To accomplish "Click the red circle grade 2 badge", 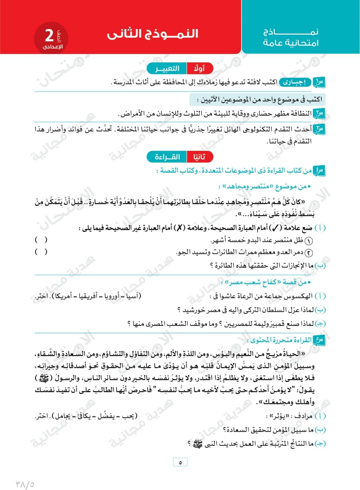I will (51, 38).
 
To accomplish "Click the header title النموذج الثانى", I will (152, 34).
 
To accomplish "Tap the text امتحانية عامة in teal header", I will (291, 43).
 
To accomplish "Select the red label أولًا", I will (199, 68).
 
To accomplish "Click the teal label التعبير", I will (167, 68).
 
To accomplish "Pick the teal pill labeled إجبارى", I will (295, 82).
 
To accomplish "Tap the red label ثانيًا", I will (199, 156).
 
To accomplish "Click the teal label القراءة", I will (167, 156).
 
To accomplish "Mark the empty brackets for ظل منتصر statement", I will (41, 239).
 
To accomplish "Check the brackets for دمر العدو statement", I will (41, 252).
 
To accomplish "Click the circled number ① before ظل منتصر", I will (309, 240).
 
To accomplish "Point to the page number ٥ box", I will (180, 462).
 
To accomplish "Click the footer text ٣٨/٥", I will (25, 483).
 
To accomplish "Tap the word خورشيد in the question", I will (190, 310).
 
